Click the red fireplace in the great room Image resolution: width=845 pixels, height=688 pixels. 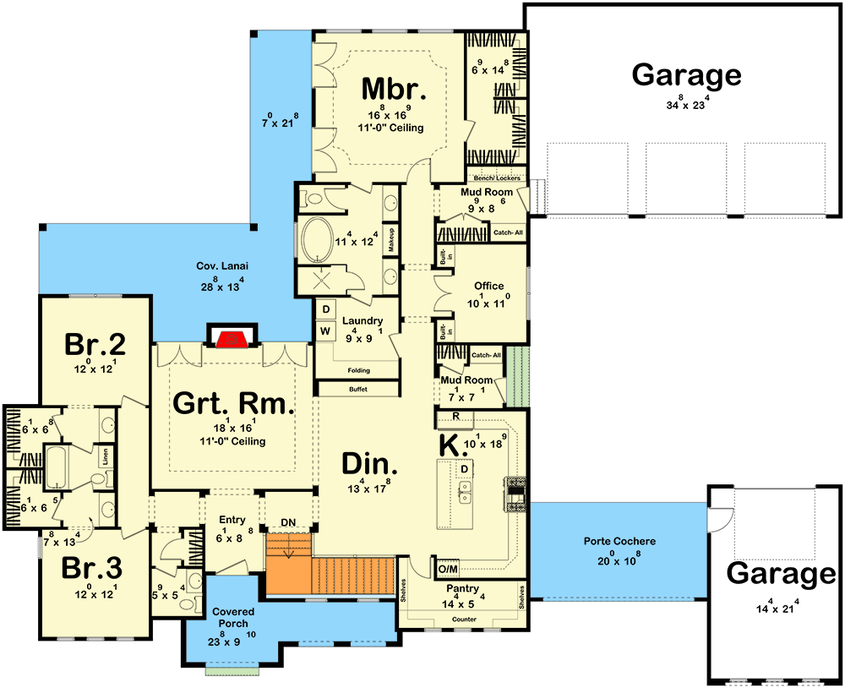coord(230,340)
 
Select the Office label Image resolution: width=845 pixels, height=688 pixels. coord(488,287)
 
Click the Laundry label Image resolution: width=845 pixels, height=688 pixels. coord(363,321)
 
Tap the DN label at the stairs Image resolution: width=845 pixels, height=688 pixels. coord(289,521)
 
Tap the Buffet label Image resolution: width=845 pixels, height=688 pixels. coord(357,390)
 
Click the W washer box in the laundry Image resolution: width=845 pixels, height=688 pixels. coord(324,330)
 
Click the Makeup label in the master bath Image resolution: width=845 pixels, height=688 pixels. coord(392,240)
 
